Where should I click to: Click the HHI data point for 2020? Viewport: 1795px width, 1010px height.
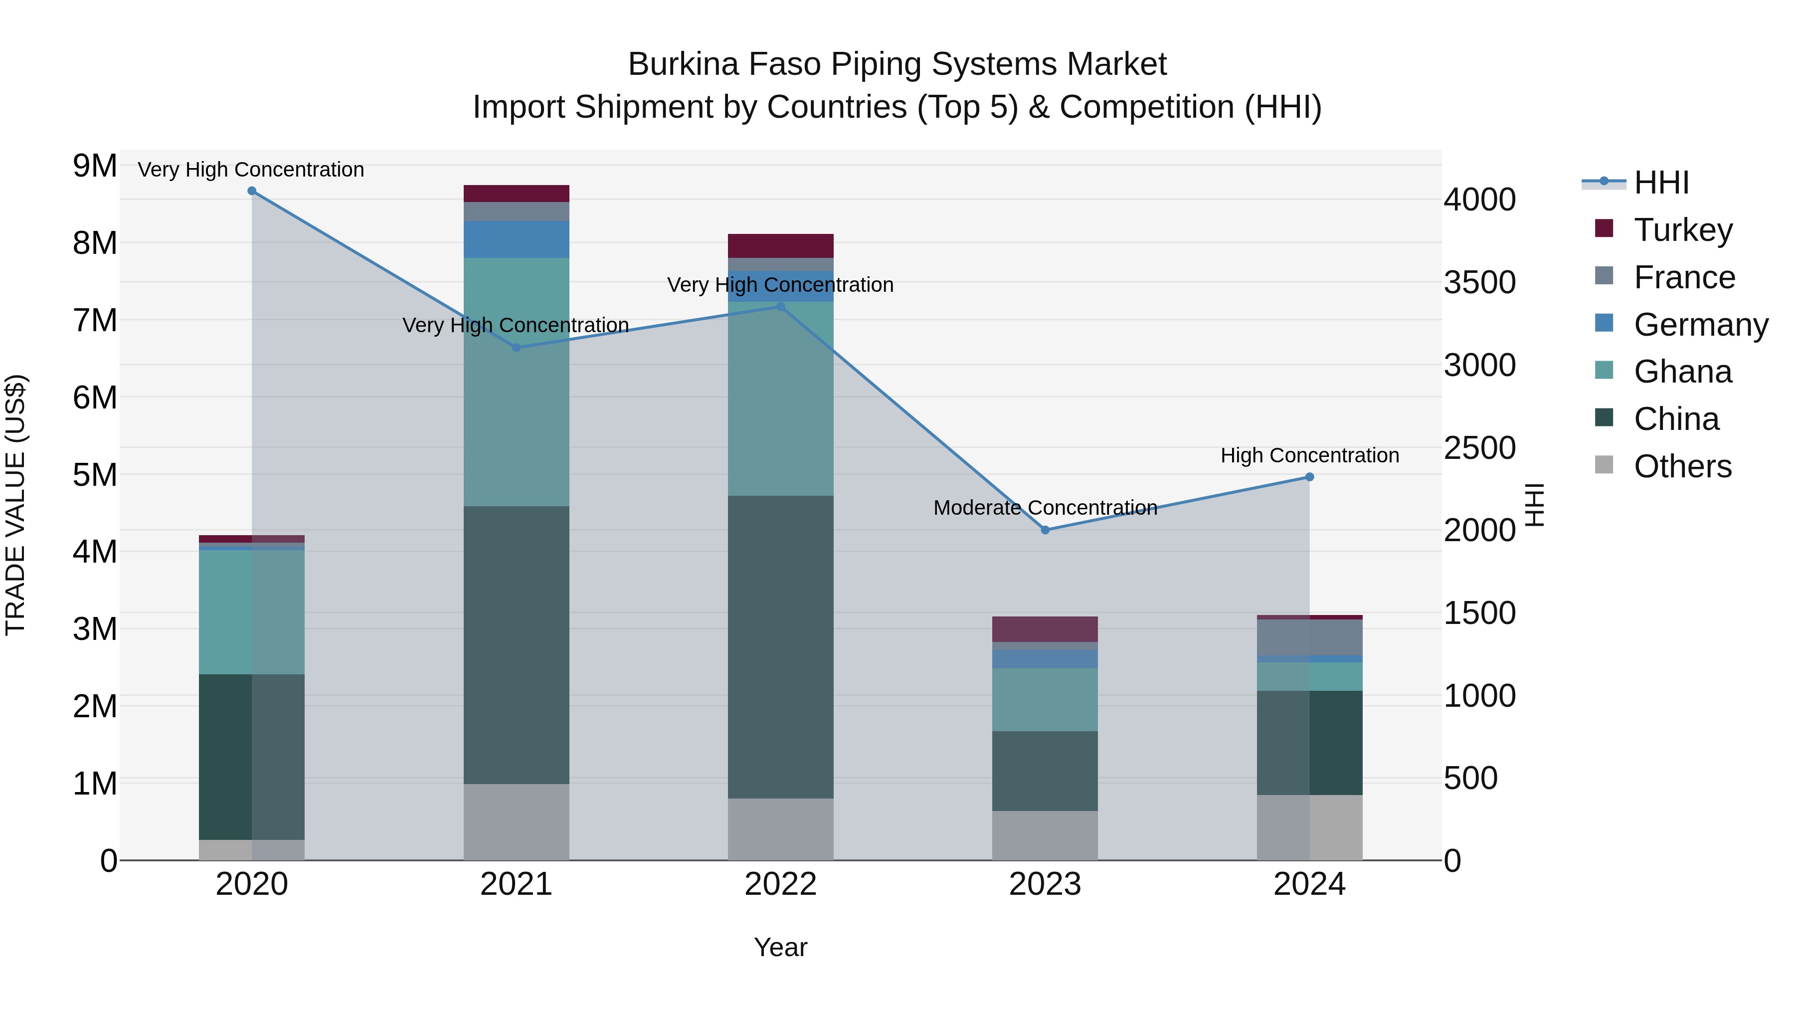click(252, 191)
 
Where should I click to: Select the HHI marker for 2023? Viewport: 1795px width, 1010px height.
click(1045, 530)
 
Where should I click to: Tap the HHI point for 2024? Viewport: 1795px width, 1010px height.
click(1309, 477)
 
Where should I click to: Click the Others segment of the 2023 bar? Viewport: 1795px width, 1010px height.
click(1045, 834)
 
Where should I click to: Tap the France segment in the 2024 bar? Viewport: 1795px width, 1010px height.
click(1309, 637)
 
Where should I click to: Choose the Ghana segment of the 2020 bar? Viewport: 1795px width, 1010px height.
click(252, 611)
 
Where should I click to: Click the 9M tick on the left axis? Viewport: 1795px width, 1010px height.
click(95, 166)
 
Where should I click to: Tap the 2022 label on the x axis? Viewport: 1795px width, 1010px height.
click(780, 884)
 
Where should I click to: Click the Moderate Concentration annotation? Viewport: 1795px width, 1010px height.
click(1045, 507)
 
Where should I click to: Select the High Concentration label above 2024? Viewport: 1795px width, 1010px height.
click(1309, 455)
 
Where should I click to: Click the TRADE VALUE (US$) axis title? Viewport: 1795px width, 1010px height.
click(15, 505)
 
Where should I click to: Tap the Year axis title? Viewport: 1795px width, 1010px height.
click(780, 947)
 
